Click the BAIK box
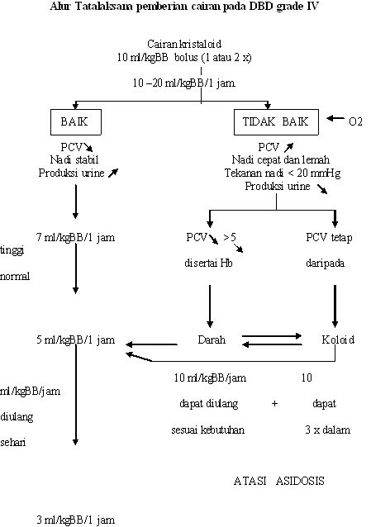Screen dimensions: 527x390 point(75,121)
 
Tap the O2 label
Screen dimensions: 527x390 point(356,121)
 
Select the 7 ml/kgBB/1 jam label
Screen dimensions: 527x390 point(75,238)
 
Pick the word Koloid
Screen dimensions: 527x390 point(335,339)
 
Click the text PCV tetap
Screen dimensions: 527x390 point(335,238)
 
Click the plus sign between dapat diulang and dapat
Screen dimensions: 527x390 point(273,404)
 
